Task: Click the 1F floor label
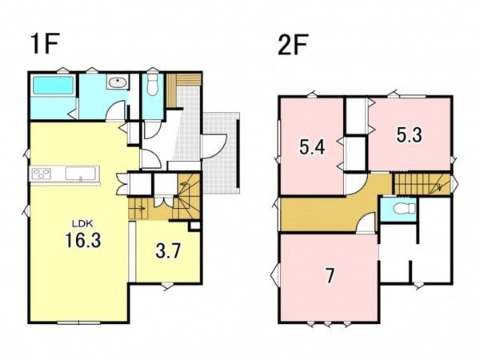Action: [45, 45]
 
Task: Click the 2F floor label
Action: [293, 45]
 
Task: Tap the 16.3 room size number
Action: [83, 240]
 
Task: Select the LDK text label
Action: [82, 224]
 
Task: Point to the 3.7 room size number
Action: [168, 251]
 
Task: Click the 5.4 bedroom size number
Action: [312, 147]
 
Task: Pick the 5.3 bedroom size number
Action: [410, 134]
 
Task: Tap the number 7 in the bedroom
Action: [330, 275]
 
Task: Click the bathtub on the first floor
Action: [53, 86]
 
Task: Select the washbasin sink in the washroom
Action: [118, 82]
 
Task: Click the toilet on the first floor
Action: [152, 83]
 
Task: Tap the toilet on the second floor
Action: [404, 209]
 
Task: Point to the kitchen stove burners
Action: [41, 174]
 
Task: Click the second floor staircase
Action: [422, 184]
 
